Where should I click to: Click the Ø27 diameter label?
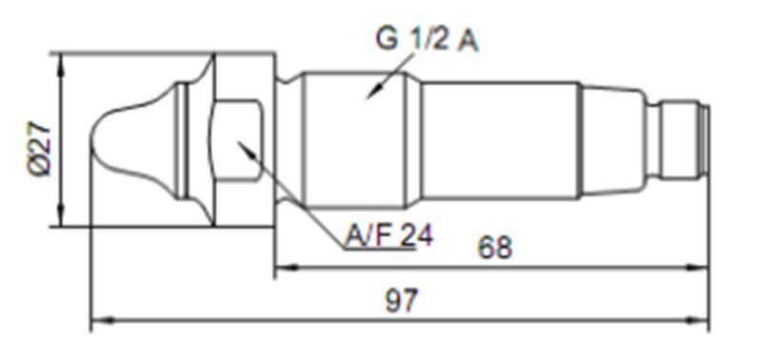[39, 149]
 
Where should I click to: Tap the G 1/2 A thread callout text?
[427, 40]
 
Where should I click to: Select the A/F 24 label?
[389, 236]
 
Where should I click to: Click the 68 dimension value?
[494, 248]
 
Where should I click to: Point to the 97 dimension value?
[401, 301]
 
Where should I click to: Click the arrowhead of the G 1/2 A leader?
[373, 92]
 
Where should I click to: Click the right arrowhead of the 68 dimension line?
[696, 268]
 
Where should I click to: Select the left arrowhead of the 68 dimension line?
[287, 268]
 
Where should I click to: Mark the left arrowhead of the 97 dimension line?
[103, 320]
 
